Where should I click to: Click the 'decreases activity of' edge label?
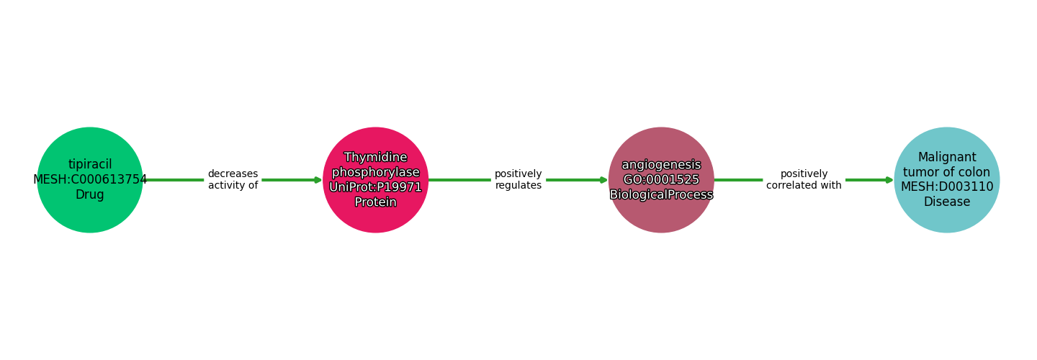tap(233, 180)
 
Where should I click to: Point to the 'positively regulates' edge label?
tap(518, 180)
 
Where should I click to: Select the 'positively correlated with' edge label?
tap(804, 180)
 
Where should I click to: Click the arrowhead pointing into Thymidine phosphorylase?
tap(318, 180)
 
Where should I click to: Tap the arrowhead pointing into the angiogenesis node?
tap(603, 180)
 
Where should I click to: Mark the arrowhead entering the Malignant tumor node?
tap(889, 180)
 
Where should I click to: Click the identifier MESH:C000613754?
tap(90, 180)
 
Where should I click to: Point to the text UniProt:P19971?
tap(375, 187)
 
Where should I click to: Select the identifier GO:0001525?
tap(661, 180)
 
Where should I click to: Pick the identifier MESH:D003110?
tap(946, 187)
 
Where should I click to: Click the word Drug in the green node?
tap(90, 195)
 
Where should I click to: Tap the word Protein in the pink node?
tap(375, 202)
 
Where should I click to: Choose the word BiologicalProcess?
tap(661, 195)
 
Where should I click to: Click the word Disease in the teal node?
tap(946, 202)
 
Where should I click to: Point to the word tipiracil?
tap(90, 165)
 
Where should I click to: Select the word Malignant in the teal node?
tap(946, 158)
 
